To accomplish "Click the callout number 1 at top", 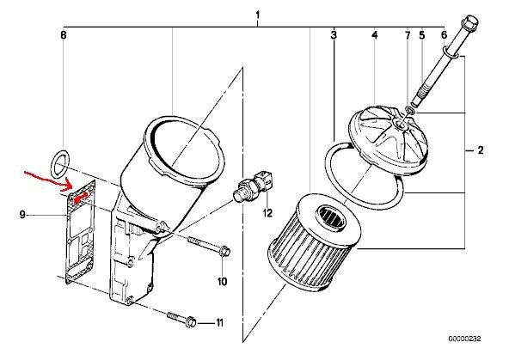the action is click(x=258, y=15).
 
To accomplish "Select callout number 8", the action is click(x=64, y=35).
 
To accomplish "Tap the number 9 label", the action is click(x=22, y=215).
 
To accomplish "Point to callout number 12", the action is click(x=267, y=213).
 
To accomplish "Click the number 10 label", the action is click(x=222, y=281).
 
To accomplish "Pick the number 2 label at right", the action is click(x=480, y=150).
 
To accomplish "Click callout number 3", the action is click(x=334, y=35).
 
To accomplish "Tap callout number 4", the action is click(x=375, y=35).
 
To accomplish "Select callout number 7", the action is click(x=408, y=35).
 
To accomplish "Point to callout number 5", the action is click(x=421, y=35).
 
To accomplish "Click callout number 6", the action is click(x=444, y=35).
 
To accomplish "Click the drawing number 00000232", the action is click(x=465, y=339).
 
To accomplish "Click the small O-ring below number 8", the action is click(x=61, y=165).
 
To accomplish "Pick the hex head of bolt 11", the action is click(x=191, y=322).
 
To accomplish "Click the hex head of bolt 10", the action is click(x=225, y=251).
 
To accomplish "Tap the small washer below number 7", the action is click(x=411, y=111).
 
